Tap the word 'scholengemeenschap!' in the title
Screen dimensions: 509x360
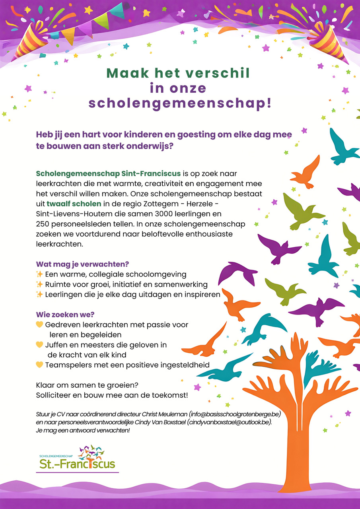tap(180, 103)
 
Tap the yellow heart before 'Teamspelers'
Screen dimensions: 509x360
tap(39, 365)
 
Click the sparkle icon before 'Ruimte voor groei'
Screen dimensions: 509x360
tap(39, 284)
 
